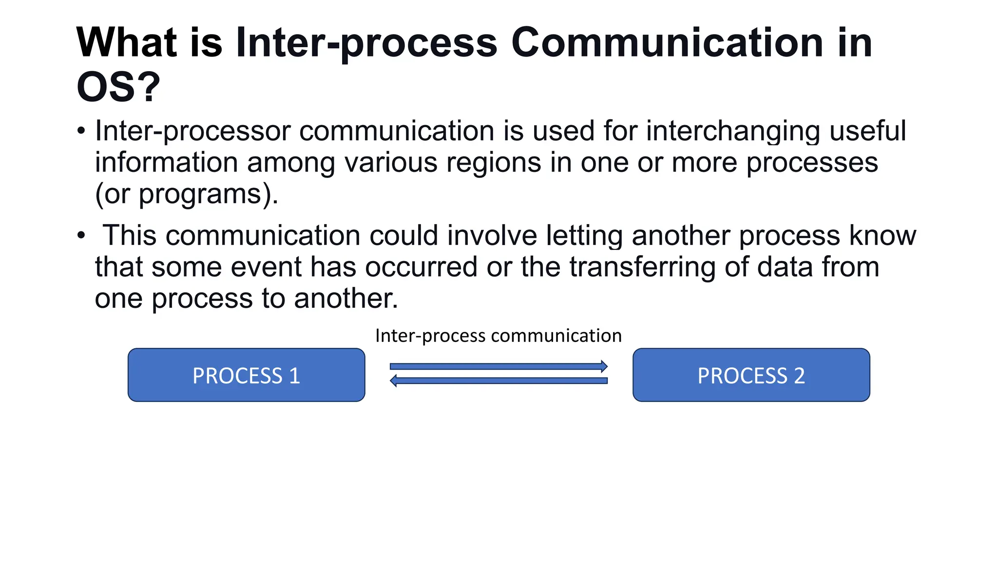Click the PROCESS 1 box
(246, 375)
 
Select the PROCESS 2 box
(751, 375)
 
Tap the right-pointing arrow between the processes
(499, 366)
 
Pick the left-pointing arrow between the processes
(499, 380)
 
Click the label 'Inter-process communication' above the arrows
(498, 336)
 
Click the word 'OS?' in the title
(118, 87)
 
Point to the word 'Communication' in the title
(667, 42)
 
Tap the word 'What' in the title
(127, 42)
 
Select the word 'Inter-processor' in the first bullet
(193, 131)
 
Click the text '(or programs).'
(187, 194)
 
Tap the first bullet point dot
(81, 131)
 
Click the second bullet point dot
(81, 236)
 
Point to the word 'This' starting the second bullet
(130, 236)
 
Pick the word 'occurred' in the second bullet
(421, 267)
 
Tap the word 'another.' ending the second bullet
(346, 299)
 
